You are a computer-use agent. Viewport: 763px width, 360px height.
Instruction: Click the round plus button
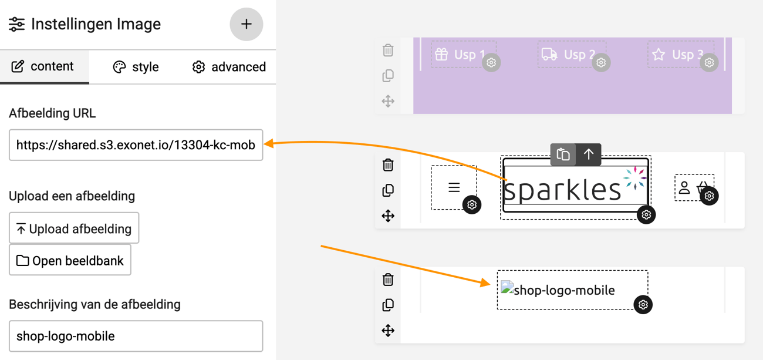247,24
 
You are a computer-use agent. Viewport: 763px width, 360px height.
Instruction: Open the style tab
136,67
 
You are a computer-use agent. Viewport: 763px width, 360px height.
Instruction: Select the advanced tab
229,67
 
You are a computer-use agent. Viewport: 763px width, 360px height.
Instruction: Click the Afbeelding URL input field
136,145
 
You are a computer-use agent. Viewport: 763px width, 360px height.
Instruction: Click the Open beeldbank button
70,260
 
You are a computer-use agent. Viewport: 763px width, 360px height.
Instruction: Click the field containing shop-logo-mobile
136,336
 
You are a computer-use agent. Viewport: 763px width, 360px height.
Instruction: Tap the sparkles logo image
575,186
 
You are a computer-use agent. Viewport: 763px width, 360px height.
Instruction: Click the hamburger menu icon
454,187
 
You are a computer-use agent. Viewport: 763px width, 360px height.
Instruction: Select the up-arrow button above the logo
589,154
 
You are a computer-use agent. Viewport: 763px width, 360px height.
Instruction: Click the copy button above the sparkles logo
563,154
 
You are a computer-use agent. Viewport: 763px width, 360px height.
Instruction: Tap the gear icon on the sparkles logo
646,215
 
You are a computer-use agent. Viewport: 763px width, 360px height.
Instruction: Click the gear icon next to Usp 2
601,62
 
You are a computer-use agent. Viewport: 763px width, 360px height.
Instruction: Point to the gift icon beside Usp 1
441,54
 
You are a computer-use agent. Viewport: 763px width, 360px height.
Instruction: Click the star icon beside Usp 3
659,54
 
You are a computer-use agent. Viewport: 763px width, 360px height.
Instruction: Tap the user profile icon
684,187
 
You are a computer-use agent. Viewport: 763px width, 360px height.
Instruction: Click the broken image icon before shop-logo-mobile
507,287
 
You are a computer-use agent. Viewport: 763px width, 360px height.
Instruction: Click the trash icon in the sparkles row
388,165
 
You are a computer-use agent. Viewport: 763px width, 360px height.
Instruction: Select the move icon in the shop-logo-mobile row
388,331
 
